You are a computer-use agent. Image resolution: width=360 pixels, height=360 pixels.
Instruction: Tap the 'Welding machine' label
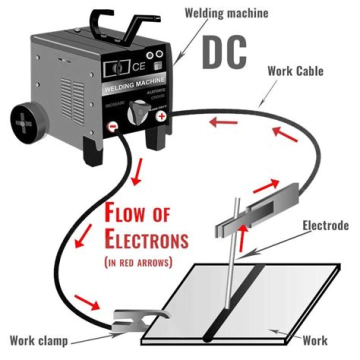[226, 12]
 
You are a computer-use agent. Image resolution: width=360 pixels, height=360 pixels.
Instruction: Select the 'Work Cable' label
[295, 70]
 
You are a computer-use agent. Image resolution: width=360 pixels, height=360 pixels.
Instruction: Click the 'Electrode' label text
[325, 225]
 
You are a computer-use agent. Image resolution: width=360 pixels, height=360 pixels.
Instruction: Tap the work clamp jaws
[134, 320]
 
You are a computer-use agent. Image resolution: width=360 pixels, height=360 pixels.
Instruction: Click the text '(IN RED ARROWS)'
[138, 261]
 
